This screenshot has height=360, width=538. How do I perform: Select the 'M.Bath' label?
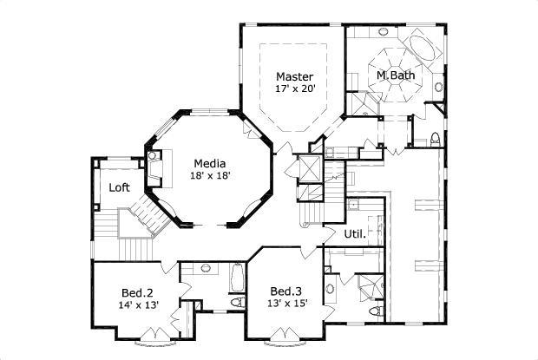click(x=395, y=75)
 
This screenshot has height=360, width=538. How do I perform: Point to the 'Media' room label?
click(x=209, y=163)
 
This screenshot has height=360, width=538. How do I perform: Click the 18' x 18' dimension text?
click(x=209, y=176)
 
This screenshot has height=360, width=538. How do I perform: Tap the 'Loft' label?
click(x=120, y=187)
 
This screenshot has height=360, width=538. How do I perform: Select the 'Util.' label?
click(x=354, y=233)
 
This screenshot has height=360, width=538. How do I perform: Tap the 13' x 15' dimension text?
click(x=285, y=303)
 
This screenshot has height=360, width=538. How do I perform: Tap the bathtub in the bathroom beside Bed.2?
click(x=237, y=277)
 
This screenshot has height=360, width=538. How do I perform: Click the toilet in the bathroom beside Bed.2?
click(x=237, y=304)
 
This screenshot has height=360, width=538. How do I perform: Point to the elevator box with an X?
click(x=307, y=168)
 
